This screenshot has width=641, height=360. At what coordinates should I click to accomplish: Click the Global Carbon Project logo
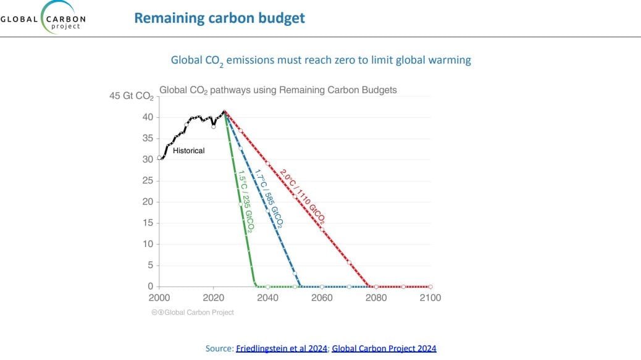click(43, 19)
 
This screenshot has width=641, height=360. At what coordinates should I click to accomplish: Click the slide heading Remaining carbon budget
click(219, 18)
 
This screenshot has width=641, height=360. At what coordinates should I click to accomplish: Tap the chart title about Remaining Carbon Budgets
click(278, 90)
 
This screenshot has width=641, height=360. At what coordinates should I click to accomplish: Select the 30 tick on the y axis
click(148, 159)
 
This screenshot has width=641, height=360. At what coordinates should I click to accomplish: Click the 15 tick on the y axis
click(148, 223)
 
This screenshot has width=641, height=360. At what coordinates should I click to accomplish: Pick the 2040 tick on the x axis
click(267, 298)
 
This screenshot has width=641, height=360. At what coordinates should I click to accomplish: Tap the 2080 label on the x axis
click(376, 298)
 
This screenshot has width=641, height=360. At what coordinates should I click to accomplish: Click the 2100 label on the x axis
click(430, 298)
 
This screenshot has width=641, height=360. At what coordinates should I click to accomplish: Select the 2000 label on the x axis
click(159, 298)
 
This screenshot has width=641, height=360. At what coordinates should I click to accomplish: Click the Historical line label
click(188, 151)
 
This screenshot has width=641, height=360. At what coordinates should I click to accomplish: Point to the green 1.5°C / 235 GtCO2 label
click(245, 198)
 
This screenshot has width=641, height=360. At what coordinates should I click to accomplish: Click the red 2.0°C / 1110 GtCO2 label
click(302, 195)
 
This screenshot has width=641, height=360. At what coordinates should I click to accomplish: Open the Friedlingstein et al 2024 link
click(282, 348)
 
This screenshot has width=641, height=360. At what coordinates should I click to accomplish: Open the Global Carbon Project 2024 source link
click(383, 348)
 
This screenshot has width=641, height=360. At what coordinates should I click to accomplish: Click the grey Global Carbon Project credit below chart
click(193, 312)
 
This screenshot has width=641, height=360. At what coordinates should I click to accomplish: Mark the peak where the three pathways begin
click(225, 112)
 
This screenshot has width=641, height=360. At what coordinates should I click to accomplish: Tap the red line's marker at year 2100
click(430, 287)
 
